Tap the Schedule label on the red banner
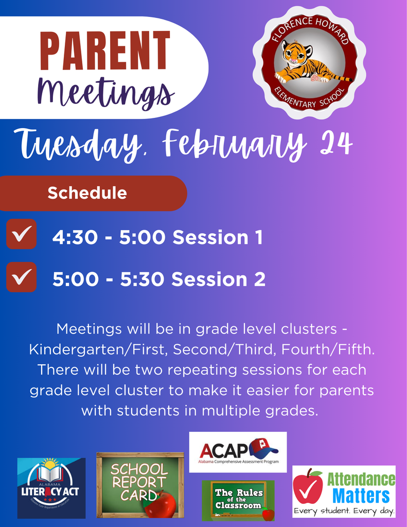tap(87, 193)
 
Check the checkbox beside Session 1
tap(21, 234)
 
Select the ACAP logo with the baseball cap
tap(238, 451)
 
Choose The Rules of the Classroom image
tap(238, 501)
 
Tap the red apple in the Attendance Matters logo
tap(308, 486)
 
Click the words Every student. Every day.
tap(344, 512)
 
